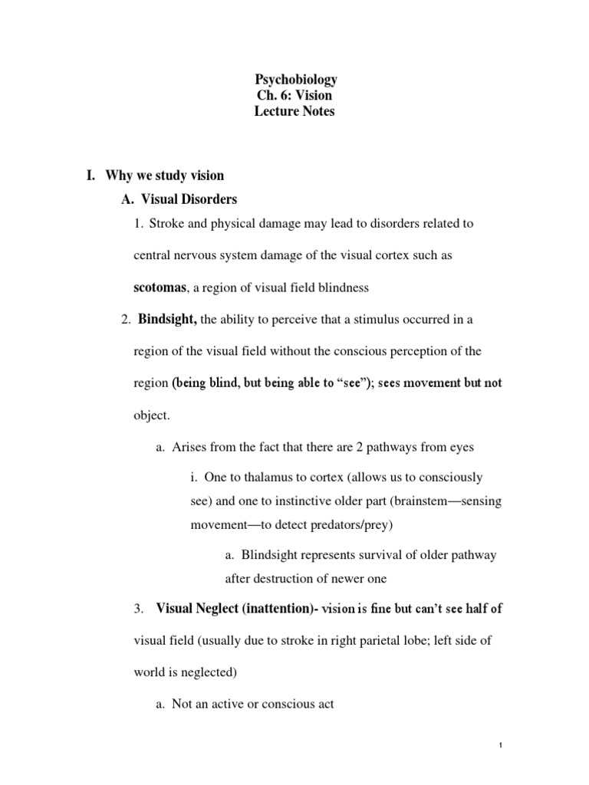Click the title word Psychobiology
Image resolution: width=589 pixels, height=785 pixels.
click(x=295, y=80)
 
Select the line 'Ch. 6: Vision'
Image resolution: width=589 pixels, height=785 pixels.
click(x=295, y=96)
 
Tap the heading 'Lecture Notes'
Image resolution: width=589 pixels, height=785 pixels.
click(x=295, y=112)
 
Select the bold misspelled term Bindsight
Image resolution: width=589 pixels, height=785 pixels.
click(x=167, y=319)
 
